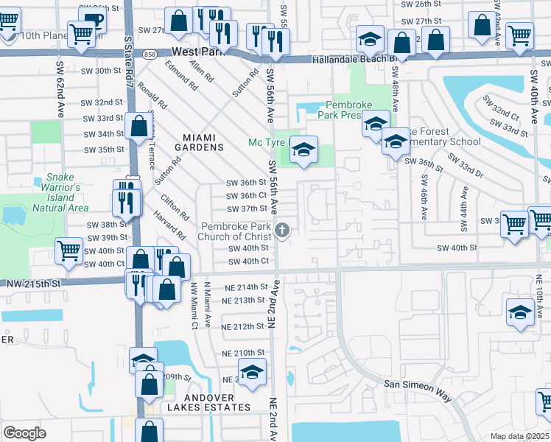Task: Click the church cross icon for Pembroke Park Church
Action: pyautogui.click(x=281, y=231)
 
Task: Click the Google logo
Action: pyautogui.click(x=24, y=432)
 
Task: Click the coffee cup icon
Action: pyautogui.click(x=93, y=21)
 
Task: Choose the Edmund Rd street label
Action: pyautogui.click(x=184, y=76)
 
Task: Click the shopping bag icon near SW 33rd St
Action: pyautogui.click(x=138, y=127)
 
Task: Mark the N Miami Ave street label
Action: pyautogui.click(x=208, y=304)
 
